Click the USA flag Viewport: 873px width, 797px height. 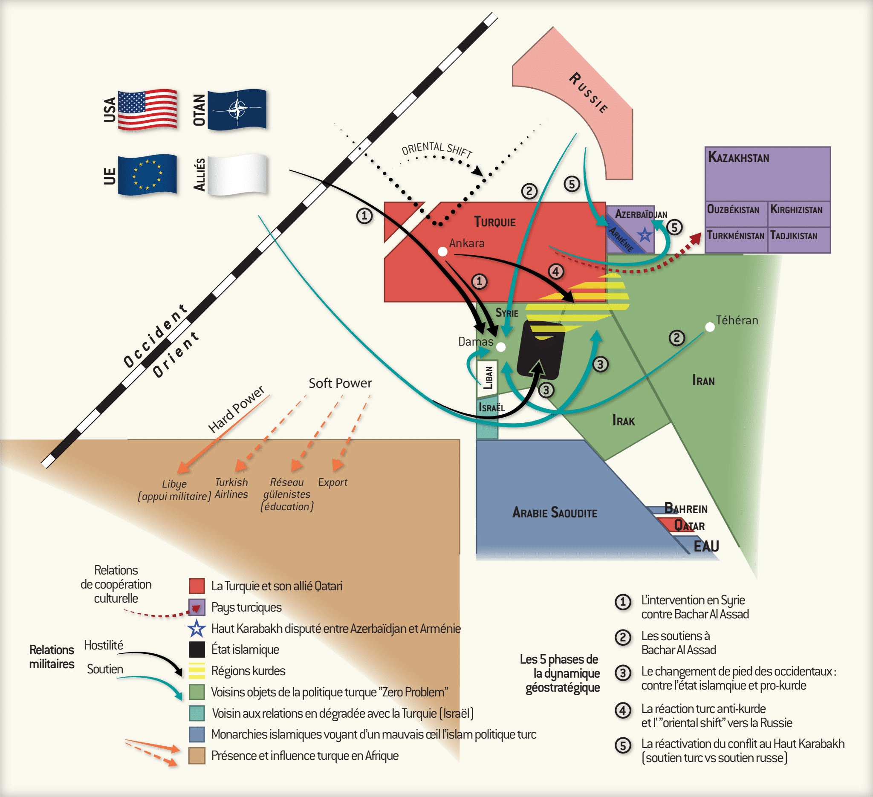[147, 110]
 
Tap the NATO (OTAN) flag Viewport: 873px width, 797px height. [237, 110]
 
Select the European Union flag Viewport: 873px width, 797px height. [147, 175]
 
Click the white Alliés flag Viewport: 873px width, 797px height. [237, 175]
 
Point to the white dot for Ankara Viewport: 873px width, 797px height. [442, 251]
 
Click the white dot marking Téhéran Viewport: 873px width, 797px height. [710, 327]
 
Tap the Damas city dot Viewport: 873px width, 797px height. [500, 347]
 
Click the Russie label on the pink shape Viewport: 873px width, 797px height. [589, 93]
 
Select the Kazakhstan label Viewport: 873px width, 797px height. [739, 157]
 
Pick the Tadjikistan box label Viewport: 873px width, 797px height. [794, 236]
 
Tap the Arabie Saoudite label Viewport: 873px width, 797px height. [555, 513]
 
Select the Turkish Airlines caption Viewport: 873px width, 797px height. [231, 488]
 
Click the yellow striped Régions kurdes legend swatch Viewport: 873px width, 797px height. [197, 670]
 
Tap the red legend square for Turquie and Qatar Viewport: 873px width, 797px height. [197, 586]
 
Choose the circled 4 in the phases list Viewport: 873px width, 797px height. [623, 710]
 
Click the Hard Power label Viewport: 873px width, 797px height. [236, 409]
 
